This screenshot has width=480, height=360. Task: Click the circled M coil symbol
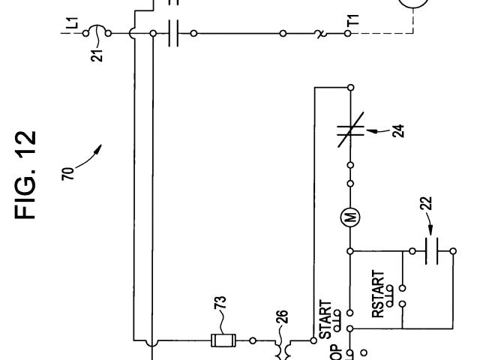tap(350, 217)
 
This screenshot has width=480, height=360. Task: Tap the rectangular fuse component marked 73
tap(223, 340)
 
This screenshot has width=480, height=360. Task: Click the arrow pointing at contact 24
tap(379, 132)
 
